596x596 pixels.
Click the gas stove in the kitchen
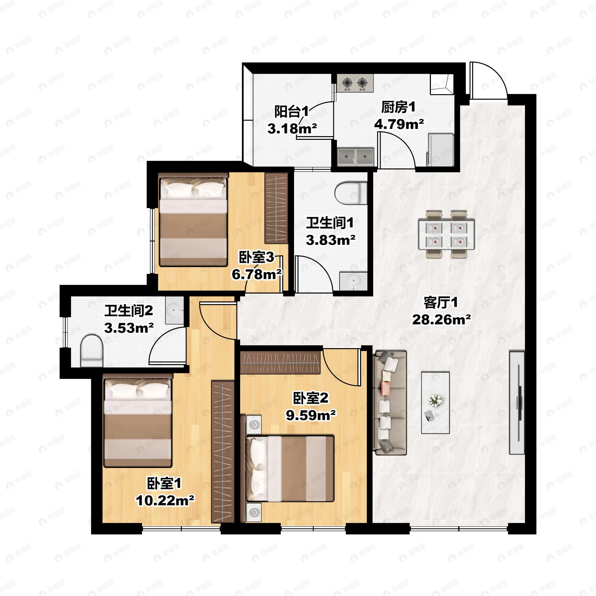pos(355,83)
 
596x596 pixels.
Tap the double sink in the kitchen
pos(355,157)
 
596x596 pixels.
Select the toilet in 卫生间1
pos(351,193)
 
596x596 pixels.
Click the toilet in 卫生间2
pos(91,351)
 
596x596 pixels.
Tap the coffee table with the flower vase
pos(435,403)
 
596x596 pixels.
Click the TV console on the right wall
pos(517,402)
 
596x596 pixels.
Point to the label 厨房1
pos(398,107)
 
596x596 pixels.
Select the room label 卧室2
pos(311,398)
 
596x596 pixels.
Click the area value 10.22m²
pos(165,500)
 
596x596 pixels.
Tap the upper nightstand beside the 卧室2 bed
pos(254,424)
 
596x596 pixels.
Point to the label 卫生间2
pos(129,311)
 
